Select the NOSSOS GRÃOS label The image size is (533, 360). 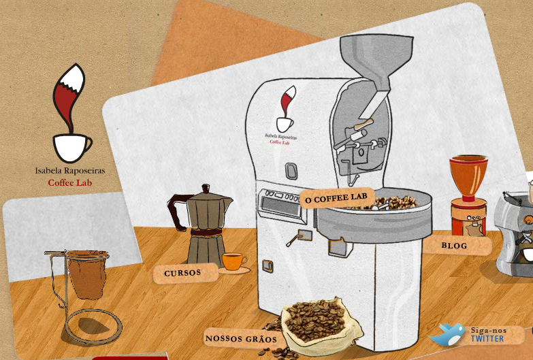coord(241,339)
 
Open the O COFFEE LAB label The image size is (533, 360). coord(336,197)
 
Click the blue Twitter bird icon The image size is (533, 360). coord(447,334)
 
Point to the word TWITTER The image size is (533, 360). coord(487,339)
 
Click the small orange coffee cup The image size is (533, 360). coord(234,261)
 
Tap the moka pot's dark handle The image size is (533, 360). coord(178,211)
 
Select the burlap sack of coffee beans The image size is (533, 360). coord(320,325)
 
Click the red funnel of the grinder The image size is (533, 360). coord(468,177)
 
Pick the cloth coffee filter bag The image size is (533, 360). coord(87,274)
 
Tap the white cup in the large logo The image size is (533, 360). coord(71,148)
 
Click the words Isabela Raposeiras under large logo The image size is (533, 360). coord(70,171)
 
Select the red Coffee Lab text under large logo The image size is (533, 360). coord(70,183)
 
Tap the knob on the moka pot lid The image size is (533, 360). coord(206,189)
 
